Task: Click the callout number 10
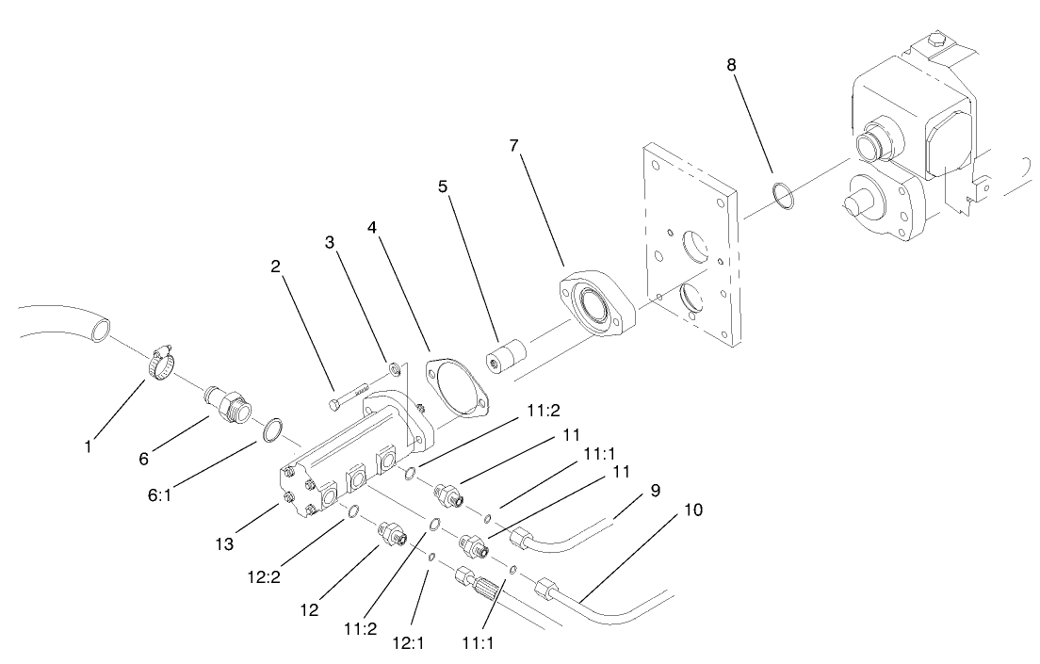point(693,510)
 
